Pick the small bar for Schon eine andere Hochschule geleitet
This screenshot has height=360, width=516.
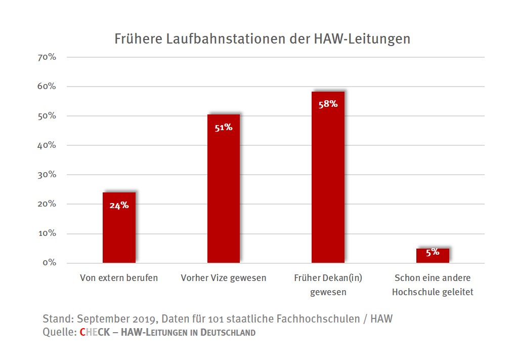point(433,256)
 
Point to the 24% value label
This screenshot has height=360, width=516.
point(119,205)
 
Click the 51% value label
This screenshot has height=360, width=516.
point(224,128)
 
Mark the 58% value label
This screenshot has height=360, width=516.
point(328,104)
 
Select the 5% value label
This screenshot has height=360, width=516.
point(433,252)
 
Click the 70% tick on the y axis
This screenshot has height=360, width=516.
point(47,57)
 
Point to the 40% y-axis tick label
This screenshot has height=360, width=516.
point(47,145)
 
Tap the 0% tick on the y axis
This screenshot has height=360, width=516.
point(49,263)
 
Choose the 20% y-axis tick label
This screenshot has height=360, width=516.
point(47,204)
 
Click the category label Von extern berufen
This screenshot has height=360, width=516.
point(119,278)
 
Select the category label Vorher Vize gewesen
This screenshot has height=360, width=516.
point(224,278)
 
